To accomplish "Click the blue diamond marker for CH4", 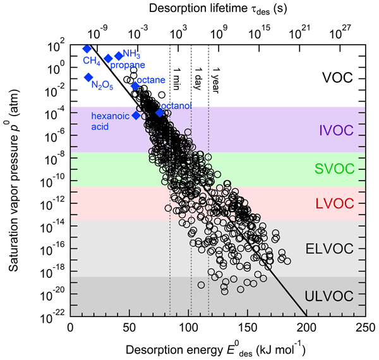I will [x=87, y=49].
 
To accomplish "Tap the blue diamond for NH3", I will [x=118, y=56].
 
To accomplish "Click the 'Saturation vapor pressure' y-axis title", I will [x=14, y=177].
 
